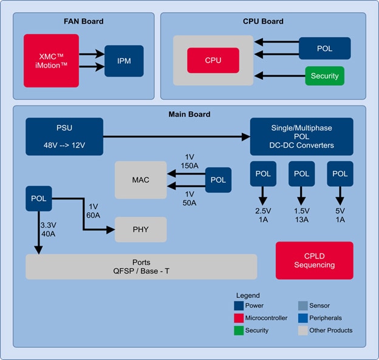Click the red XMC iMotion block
click(x=52, y=60)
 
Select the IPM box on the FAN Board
click(x=124, y=61)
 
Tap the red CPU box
click(x=213, y=60)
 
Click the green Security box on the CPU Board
click(x=324, y=76)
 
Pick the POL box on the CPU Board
click(x=324, y=48)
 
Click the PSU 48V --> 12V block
click(x=64, y=136)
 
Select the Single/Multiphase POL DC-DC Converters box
click(x=301, y=137)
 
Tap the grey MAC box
click(x=141, y=179)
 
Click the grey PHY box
click(x=141, y=229)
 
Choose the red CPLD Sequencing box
click(x=314, y=260)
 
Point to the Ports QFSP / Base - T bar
click(x=141, y=267)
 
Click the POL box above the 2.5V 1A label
click(x=263, y=174)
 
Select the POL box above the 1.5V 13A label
click(x=302, y=174)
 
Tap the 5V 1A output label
click(x=341, y=215)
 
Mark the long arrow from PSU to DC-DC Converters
click(x=176, y=136)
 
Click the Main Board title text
click(x=189, y=114)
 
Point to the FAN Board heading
click(x=84, y=21)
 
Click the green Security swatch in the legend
click(x=239, y=330)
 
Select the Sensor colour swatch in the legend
click(x=303, y=305)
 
